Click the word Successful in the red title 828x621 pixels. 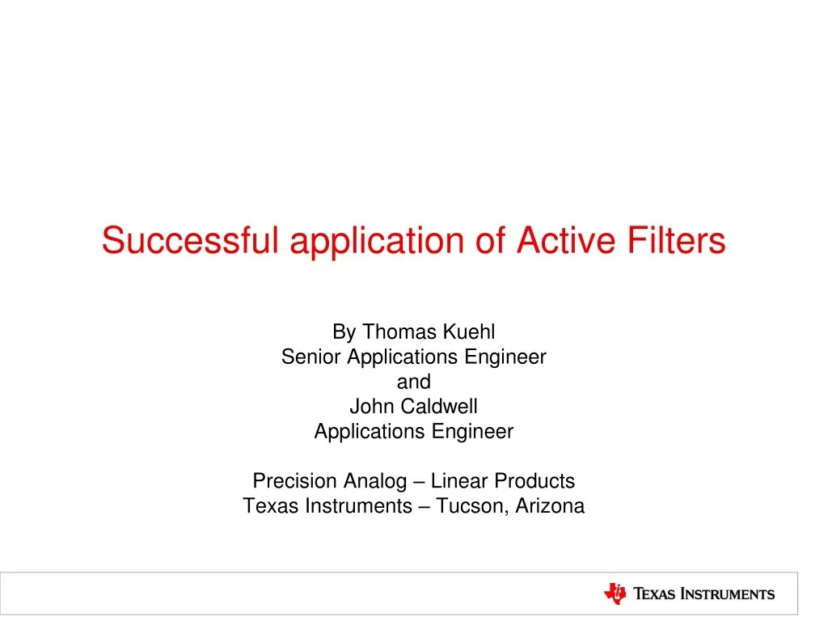click(x=190, y=240)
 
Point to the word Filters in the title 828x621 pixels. click(x=677, y=240)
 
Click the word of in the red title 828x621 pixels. click(x=490, y=240)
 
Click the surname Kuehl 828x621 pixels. click(x=469, y=332)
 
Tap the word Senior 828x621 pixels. click(x=311, y=357)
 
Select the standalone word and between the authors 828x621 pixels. click(x=414, y=382)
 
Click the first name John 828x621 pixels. click(x=370, y=406)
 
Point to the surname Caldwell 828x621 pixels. click(x=439, y=406)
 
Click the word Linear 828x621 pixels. click(x=459, y=481)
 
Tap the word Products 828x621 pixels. click(x=534, y=481)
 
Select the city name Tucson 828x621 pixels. click(x=471, y=506)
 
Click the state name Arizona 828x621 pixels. click(x=550, y=506)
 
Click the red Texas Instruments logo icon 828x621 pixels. click(x=615, y=594)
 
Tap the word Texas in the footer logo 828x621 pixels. click(x=654, y=594)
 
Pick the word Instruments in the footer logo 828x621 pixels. click(x=727, y=594)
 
